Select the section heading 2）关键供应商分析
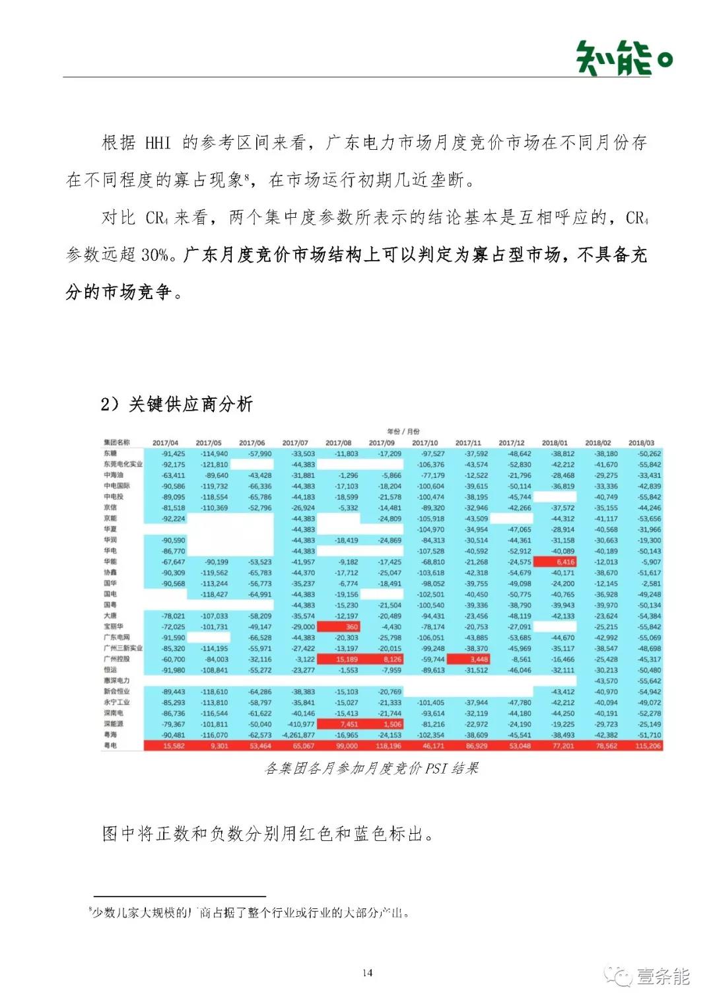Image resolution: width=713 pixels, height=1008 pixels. [x=176, y=404]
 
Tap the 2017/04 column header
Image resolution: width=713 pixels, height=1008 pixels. [x=165, y=443]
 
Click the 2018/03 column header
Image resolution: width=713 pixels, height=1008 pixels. [x=641, y=443]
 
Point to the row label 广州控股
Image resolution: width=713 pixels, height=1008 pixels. [x=117, y=659]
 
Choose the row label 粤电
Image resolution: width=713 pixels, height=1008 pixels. [x=110, y=745]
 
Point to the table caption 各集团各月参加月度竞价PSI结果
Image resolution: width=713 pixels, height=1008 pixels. [x=371, y=768]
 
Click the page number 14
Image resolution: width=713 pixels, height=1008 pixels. [x=367, y=972]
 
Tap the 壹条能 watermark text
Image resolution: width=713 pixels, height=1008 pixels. [x=663, y=976]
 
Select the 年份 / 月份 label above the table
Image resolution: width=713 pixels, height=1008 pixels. [x=403, y=431]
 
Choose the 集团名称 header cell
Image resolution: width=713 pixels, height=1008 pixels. [x=117, y=442]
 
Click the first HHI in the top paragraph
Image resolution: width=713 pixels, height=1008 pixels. [x=158, y=143]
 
